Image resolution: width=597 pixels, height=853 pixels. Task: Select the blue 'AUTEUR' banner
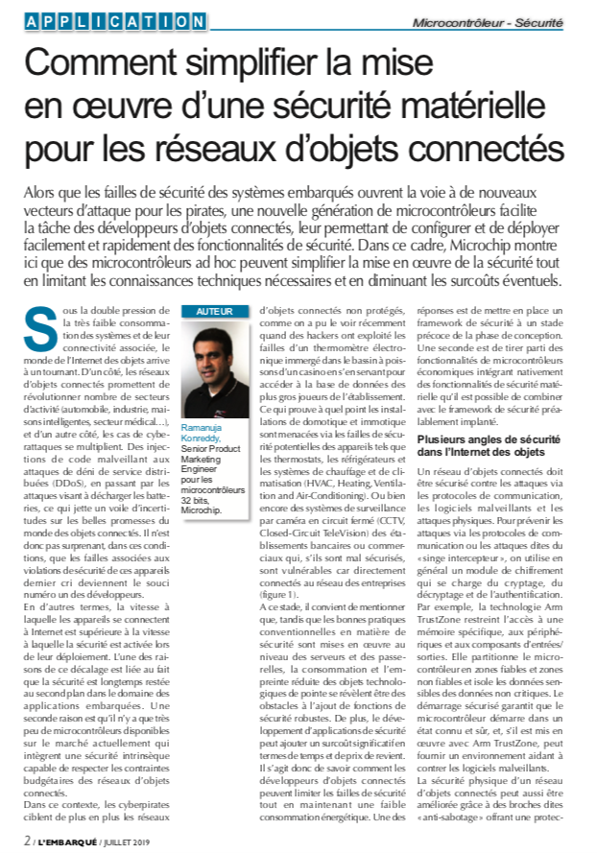tap(215, 312)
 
